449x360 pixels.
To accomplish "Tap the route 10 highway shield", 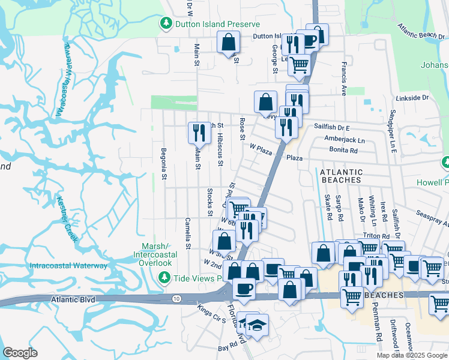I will (x=176, y=298).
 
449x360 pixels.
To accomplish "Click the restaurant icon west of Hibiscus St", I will (x=199, y=132).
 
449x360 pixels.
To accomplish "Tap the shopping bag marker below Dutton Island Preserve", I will (x=229, y=43).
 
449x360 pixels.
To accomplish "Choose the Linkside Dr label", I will (x=412, y=97).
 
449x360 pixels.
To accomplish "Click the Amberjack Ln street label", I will (x=345, y=139).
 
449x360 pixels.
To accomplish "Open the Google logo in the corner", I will (x=20, y=352).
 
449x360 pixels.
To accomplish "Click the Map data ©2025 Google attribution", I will (x=412, y=355).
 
